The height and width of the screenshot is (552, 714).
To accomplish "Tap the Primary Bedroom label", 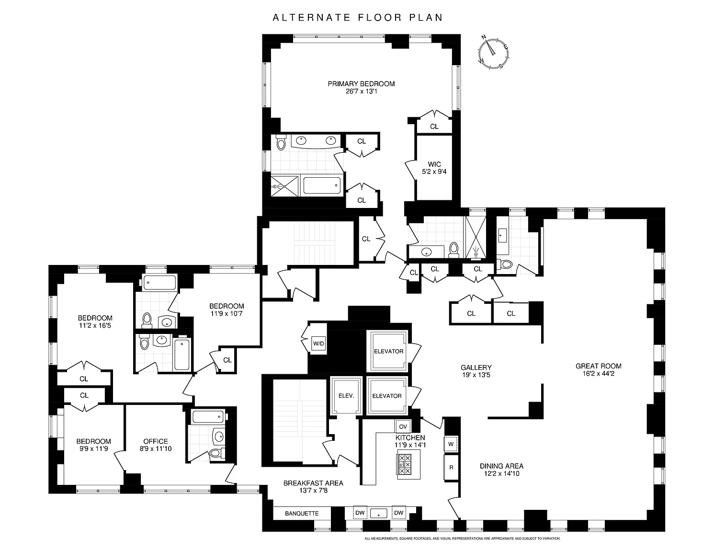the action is click(361, 84).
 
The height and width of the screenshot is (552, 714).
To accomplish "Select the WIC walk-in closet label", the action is click(434, 164).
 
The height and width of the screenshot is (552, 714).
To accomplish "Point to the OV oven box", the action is click(403, 426).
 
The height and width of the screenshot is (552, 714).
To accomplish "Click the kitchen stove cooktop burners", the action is click(405, 464).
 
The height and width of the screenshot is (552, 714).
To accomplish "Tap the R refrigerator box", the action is click(451, 467).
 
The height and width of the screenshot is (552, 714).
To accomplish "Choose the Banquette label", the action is click(302, 513).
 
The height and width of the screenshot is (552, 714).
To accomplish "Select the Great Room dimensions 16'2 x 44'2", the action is click(599, 373).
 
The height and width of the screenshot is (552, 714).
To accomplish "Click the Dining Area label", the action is click(502, 466).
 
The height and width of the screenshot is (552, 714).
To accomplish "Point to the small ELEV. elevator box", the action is click(346, 396).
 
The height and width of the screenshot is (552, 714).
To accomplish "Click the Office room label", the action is click(156, 441).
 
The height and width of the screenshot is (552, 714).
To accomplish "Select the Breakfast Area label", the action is click(313, 483).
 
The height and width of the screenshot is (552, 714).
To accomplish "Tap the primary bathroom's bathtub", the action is click(322, 185).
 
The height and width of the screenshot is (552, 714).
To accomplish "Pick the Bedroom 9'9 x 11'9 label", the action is click(94, 441).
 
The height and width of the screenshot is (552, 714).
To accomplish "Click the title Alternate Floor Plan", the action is click(357, 18).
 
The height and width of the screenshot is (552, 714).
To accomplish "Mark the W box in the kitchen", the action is click(451, 444).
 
